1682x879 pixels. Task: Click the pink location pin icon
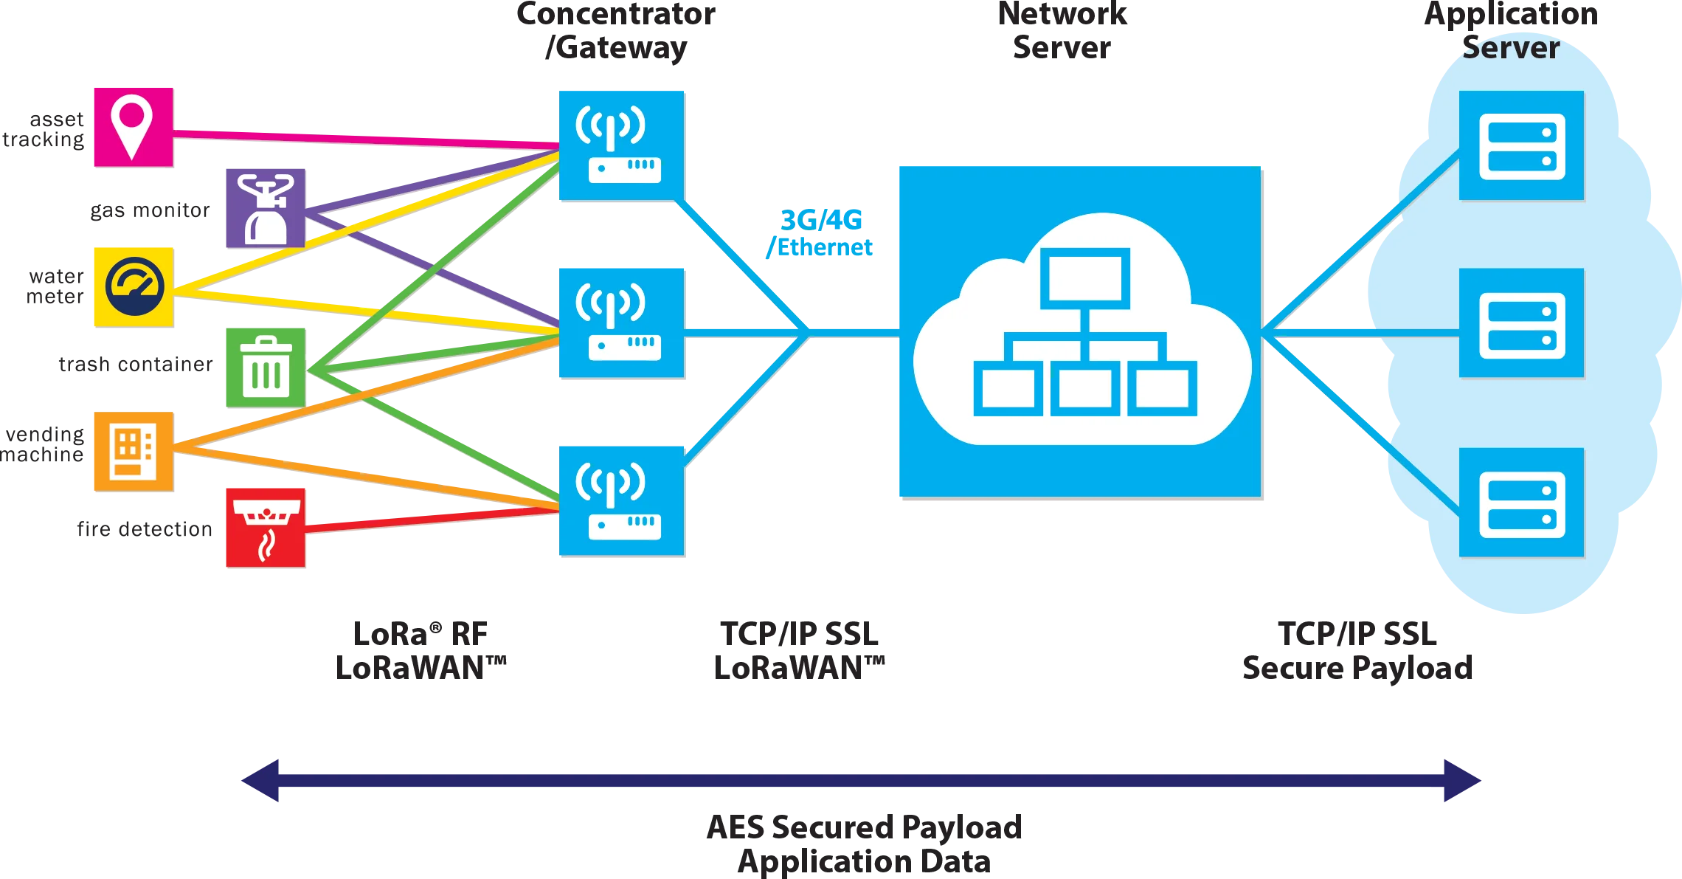(132, 126)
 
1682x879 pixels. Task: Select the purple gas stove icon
(265, 207)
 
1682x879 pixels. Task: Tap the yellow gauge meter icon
(133, 286)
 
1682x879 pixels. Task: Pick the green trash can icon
(266, 366)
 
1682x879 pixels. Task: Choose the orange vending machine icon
(133, 450)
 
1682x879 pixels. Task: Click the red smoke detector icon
(265, 526)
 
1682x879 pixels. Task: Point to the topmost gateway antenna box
(620, 145)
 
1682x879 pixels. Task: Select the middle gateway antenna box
(620, 323)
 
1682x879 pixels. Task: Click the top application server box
(1521, 145)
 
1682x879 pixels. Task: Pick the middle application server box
(1521, 323)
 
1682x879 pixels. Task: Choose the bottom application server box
(1521, 503)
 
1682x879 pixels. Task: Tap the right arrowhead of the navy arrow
(1461, 779)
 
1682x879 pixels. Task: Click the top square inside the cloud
(1084, 278)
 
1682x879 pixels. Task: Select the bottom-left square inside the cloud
(1008, 388)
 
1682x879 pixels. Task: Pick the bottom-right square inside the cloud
(1162, 388)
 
